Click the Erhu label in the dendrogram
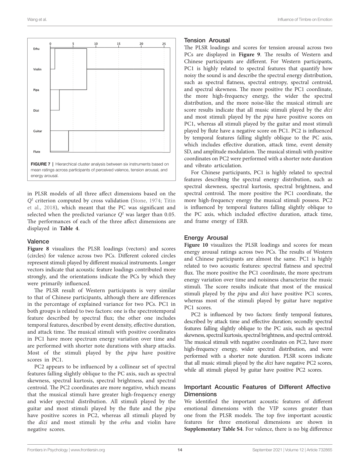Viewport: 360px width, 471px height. point(36,49)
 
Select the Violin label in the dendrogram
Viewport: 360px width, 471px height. point(37,69)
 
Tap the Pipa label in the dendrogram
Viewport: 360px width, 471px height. point(36,90)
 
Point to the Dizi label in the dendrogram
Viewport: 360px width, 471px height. point(36,110)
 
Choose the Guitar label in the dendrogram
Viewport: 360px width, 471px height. point(37,131)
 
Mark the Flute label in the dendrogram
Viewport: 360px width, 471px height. point(37,152)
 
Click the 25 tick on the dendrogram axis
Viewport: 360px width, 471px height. point(164,44)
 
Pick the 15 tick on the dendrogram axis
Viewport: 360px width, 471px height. point(119,44)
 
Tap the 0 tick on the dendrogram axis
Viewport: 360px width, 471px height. point(50,44)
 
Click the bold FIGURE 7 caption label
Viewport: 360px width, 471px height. point(40,164)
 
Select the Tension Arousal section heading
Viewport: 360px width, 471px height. point(207,40)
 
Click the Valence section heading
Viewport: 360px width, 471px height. point(38,241)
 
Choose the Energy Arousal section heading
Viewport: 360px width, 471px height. point(206,238)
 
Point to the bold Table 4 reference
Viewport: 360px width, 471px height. point(69,228)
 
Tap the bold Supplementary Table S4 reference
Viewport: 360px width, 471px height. point(213,429)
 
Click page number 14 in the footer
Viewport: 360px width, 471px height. point(180,450)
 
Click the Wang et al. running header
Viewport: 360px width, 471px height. point(37,19)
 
